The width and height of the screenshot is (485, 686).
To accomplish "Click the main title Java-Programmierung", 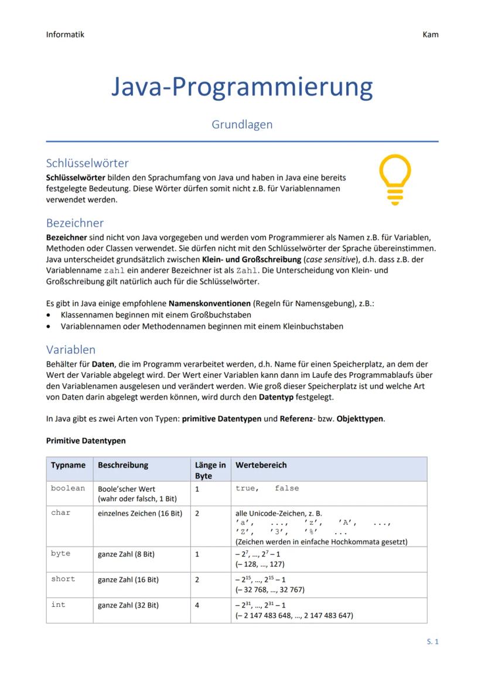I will coord(242,87).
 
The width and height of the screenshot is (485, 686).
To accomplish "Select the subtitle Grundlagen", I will coord(242,125).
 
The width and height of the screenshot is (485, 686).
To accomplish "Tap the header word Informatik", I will coord(65,34).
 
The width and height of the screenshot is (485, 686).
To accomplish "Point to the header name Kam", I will coord(430,35).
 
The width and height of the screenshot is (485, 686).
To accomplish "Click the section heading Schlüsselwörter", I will coord(87,163).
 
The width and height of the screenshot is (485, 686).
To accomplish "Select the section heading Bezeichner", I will coord(75,223).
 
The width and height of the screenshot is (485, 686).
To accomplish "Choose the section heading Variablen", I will coord(71,350).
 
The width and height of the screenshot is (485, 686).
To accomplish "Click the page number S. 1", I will coord(432,641).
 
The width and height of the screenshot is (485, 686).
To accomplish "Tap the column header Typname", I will coord(68,465).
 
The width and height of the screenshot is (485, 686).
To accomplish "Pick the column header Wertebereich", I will coord(261,465).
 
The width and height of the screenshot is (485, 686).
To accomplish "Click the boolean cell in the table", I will coord(68,488).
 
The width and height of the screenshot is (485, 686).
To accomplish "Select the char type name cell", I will coord(60,513).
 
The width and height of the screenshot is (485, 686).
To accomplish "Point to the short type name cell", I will coord(63,579).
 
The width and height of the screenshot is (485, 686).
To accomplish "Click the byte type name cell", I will coord(60,553).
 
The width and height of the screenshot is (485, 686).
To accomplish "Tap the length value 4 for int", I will coord(197,605).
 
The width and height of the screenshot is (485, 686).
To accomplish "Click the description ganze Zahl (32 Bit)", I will coord(128,605).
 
